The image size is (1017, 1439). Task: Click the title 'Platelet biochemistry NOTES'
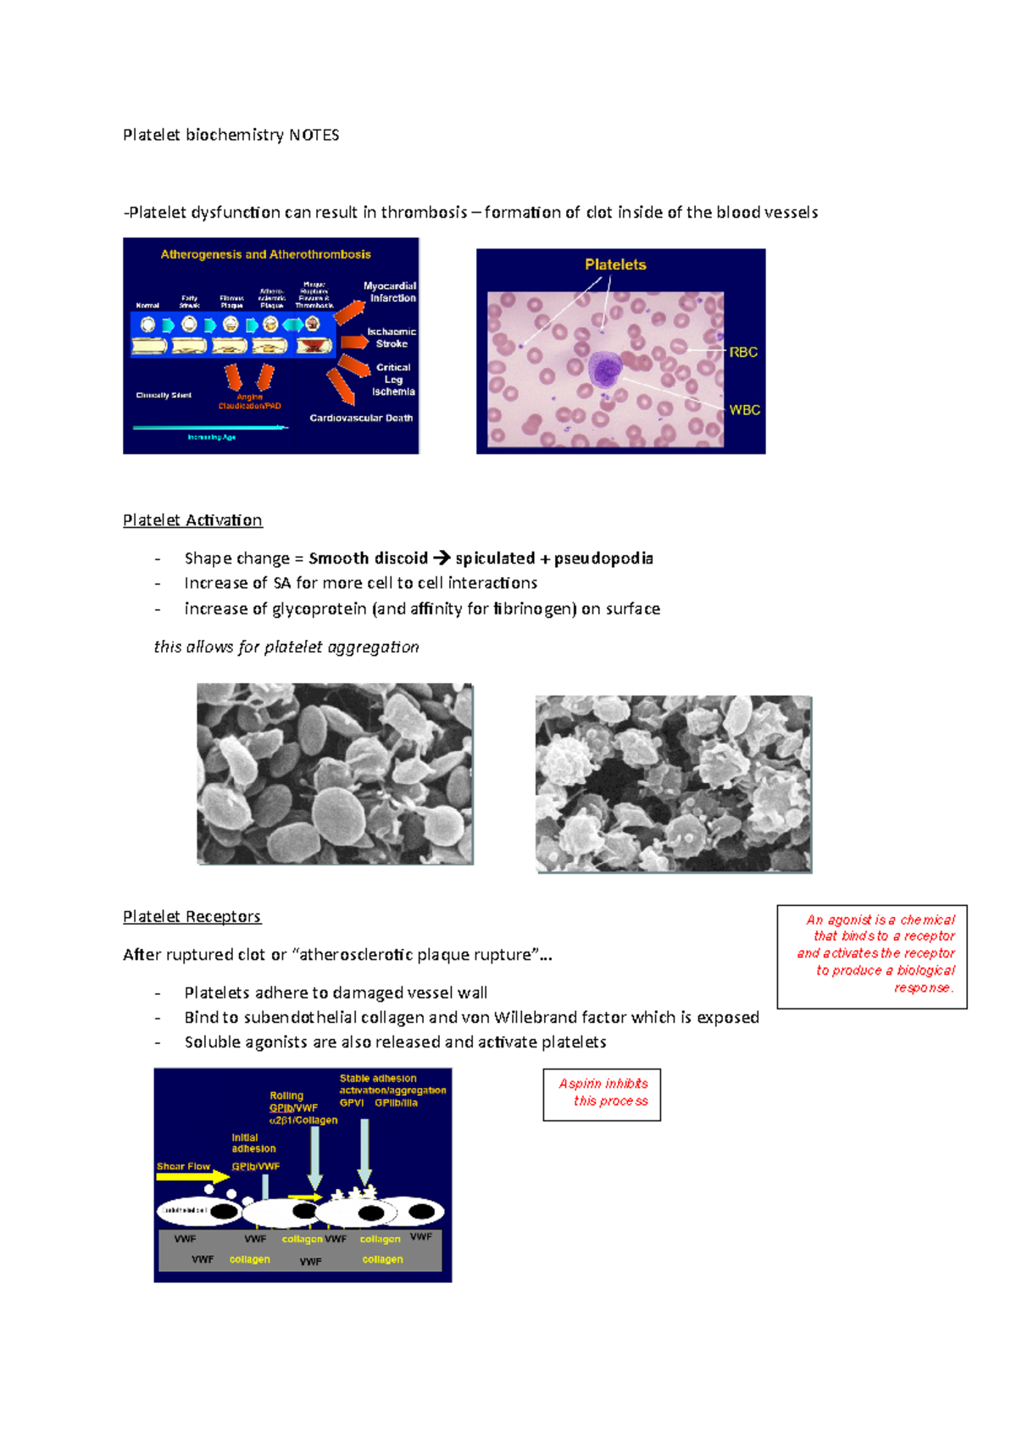(231, 135)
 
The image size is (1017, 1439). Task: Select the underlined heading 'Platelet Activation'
(192, 519)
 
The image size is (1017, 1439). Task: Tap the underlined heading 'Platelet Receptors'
(192, 916)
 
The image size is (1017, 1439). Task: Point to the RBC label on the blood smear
(743, 352)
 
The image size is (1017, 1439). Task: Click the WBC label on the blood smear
(744, 409)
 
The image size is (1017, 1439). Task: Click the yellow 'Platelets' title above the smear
(615, 264)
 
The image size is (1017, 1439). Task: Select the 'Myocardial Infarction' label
(391, 292)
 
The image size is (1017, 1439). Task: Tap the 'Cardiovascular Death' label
(361, 418)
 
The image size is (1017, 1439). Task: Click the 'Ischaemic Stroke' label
(392, 337)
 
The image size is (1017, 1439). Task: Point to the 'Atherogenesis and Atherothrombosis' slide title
(265, 254)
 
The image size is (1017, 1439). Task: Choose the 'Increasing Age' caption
(211, 437)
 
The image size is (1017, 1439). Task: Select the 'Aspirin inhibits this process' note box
(602, 1094)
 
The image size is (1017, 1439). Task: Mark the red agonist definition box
(872, 956)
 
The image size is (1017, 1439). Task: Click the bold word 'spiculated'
(495, 558)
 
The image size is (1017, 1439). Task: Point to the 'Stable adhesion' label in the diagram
(378, 1079)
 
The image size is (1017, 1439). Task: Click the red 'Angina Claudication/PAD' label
(249, 401)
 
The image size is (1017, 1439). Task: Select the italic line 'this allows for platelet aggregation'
(286, 647)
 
